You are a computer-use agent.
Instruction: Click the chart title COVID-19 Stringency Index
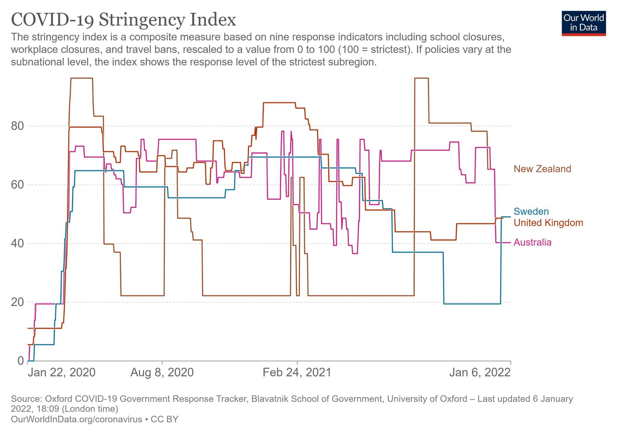pyautogui.click(x=123, y=20)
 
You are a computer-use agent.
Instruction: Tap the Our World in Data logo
pyautogui.click(x=583, y=23)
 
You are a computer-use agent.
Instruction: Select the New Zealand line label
pyautogui.click(x=542, y=169)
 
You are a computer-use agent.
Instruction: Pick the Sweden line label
pyautogui.click(x=531, y=211)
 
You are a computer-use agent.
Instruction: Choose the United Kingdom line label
pyautogui.click(x=548, y=223)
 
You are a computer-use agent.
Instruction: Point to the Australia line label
pyautogui.click(x=532, y=242)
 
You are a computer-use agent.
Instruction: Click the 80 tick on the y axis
pyautogui.click(x=18, y=126)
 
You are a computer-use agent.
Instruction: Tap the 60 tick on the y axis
pyautogui.click(x=18, y=185)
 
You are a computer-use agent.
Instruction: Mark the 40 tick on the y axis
pyautogui.click(x=18, y=243)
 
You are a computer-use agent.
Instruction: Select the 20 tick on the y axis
pyautogui.click(x=18, y=302)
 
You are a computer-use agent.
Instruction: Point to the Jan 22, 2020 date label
pyautogui.click(x=61, y=373)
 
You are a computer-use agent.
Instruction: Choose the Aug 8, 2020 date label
pyautogui.click(x=162, y=373)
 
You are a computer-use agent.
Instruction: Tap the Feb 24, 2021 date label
pyautogui.click(x=297, y=373)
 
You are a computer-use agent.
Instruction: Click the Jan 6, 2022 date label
pyautogui.click(x=480, y=373)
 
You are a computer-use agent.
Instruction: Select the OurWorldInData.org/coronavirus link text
pyautogui.click(x=77, y=419)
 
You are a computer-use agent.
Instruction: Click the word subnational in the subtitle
pyautogui.click(x=35, y=62)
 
